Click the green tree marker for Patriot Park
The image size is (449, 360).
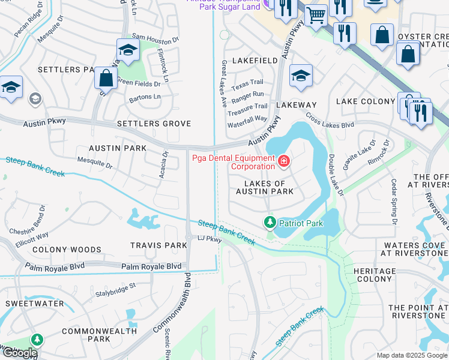(x=270, y=223)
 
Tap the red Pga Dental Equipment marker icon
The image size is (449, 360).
(x=283, y=161)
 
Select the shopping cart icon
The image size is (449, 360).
(x=316, y=15)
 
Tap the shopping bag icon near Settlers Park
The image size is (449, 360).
(x=106, y=78)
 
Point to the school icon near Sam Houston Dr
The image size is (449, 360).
(x=128, y=49)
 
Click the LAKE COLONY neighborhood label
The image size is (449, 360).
(x=365, y=101)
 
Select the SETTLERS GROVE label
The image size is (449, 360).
(x=154, y=124)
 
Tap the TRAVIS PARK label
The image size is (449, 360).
(x=159, y=245)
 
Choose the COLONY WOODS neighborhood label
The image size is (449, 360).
(x=67, y=250)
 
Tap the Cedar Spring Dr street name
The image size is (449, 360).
(x=394, y=202)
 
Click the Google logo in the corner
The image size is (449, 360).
(x=20, y=353)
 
